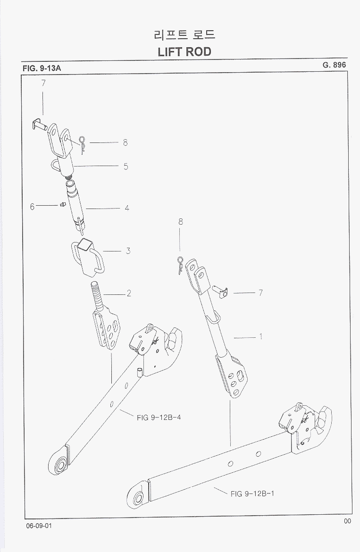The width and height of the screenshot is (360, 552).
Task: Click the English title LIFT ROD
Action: (184, 51)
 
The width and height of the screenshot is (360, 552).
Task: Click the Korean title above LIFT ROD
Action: (184, 35)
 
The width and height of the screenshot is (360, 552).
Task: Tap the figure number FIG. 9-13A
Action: (42, 68)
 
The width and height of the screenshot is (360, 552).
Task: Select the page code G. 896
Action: (335, 65)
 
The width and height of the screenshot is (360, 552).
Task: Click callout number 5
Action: (126, 166)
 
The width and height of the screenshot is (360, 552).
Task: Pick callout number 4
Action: (127, 208)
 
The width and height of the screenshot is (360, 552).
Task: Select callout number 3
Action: (128, 251)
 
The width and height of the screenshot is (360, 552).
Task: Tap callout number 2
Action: (128, 293)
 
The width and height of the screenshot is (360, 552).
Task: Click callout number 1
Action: (260, 337)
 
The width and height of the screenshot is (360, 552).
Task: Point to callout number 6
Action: (33, 206)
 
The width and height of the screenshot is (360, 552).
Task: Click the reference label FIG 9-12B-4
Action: (159, 418)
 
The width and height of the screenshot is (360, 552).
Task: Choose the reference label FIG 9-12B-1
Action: (252, 494)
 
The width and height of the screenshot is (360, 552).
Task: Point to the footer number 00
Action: (347, 521)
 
